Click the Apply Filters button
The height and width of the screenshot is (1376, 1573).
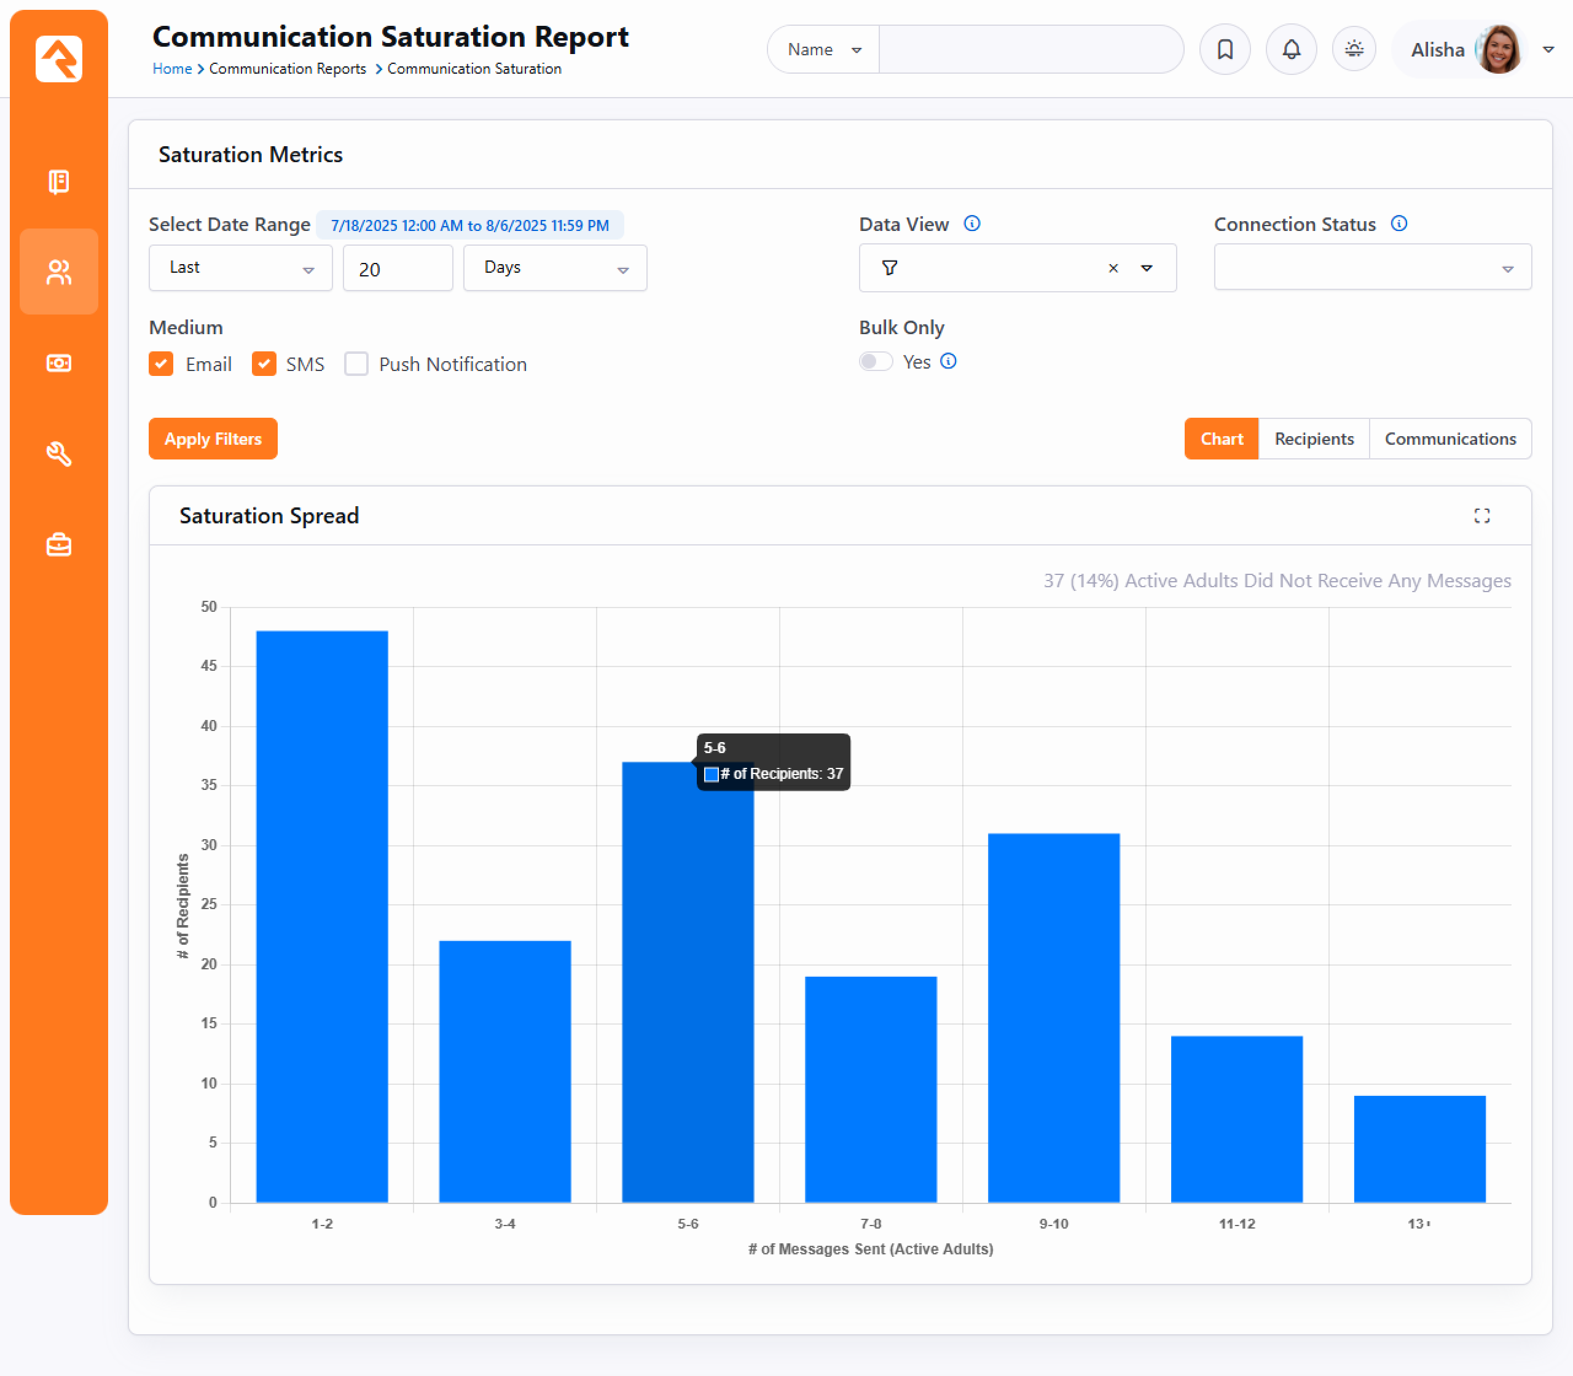(x=213, y=439)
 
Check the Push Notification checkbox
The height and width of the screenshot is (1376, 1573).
(x=356, y=364)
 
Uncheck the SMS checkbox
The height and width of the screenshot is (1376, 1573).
(x=264, y=364)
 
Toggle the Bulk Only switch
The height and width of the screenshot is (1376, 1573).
(x=876, y=362)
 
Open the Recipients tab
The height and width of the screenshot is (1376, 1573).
(x=1314, y=439)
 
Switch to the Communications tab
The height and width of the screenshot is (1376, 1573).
(x=1449, y=439)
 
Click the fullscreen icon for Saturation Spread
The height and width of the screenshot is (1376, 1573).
(x=1481, y=516)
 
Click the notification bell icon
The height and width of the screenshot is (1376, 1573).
(x=1291, y=50)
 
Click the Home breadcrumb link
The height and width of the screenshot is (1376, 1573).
(x=172, y=68)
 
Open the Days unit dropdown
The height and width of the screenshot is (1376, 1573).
(x=554, y=268)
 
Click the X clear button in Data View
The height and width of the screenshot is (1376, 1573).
(x=1113, y=268)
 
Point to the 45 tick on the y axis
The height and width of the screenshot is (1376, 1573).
(x=209, y=666)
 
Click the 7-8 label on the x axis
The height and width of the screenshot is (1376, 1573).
(x=870, y=1223)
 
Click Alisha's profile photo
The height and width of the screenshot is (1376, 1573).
(x=1499, y=50)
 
